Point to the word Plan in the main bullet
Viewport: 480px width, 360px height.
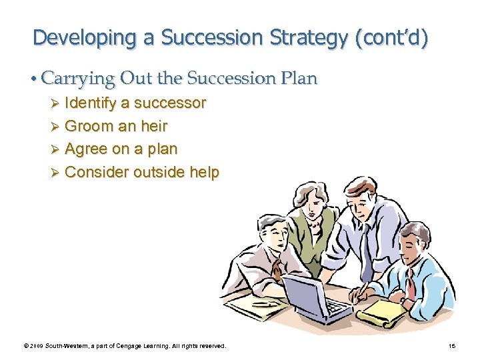point(301,79)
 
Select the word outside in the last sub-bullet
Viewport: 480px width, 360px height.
point(159,172)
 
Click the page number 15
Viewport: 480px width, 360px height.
point(453,346)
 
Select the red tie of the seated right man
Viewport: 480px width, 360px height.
point(411,283)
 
